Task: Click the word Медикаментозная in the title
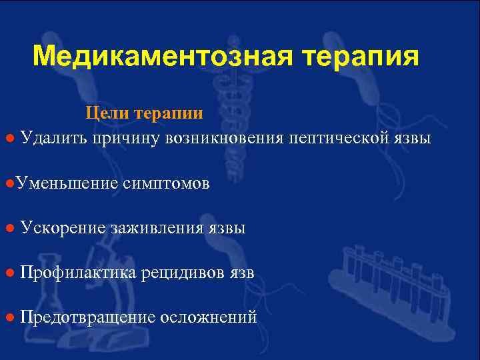click(x=161, y=57)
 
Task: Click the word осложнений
click(x=209, y=317)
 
